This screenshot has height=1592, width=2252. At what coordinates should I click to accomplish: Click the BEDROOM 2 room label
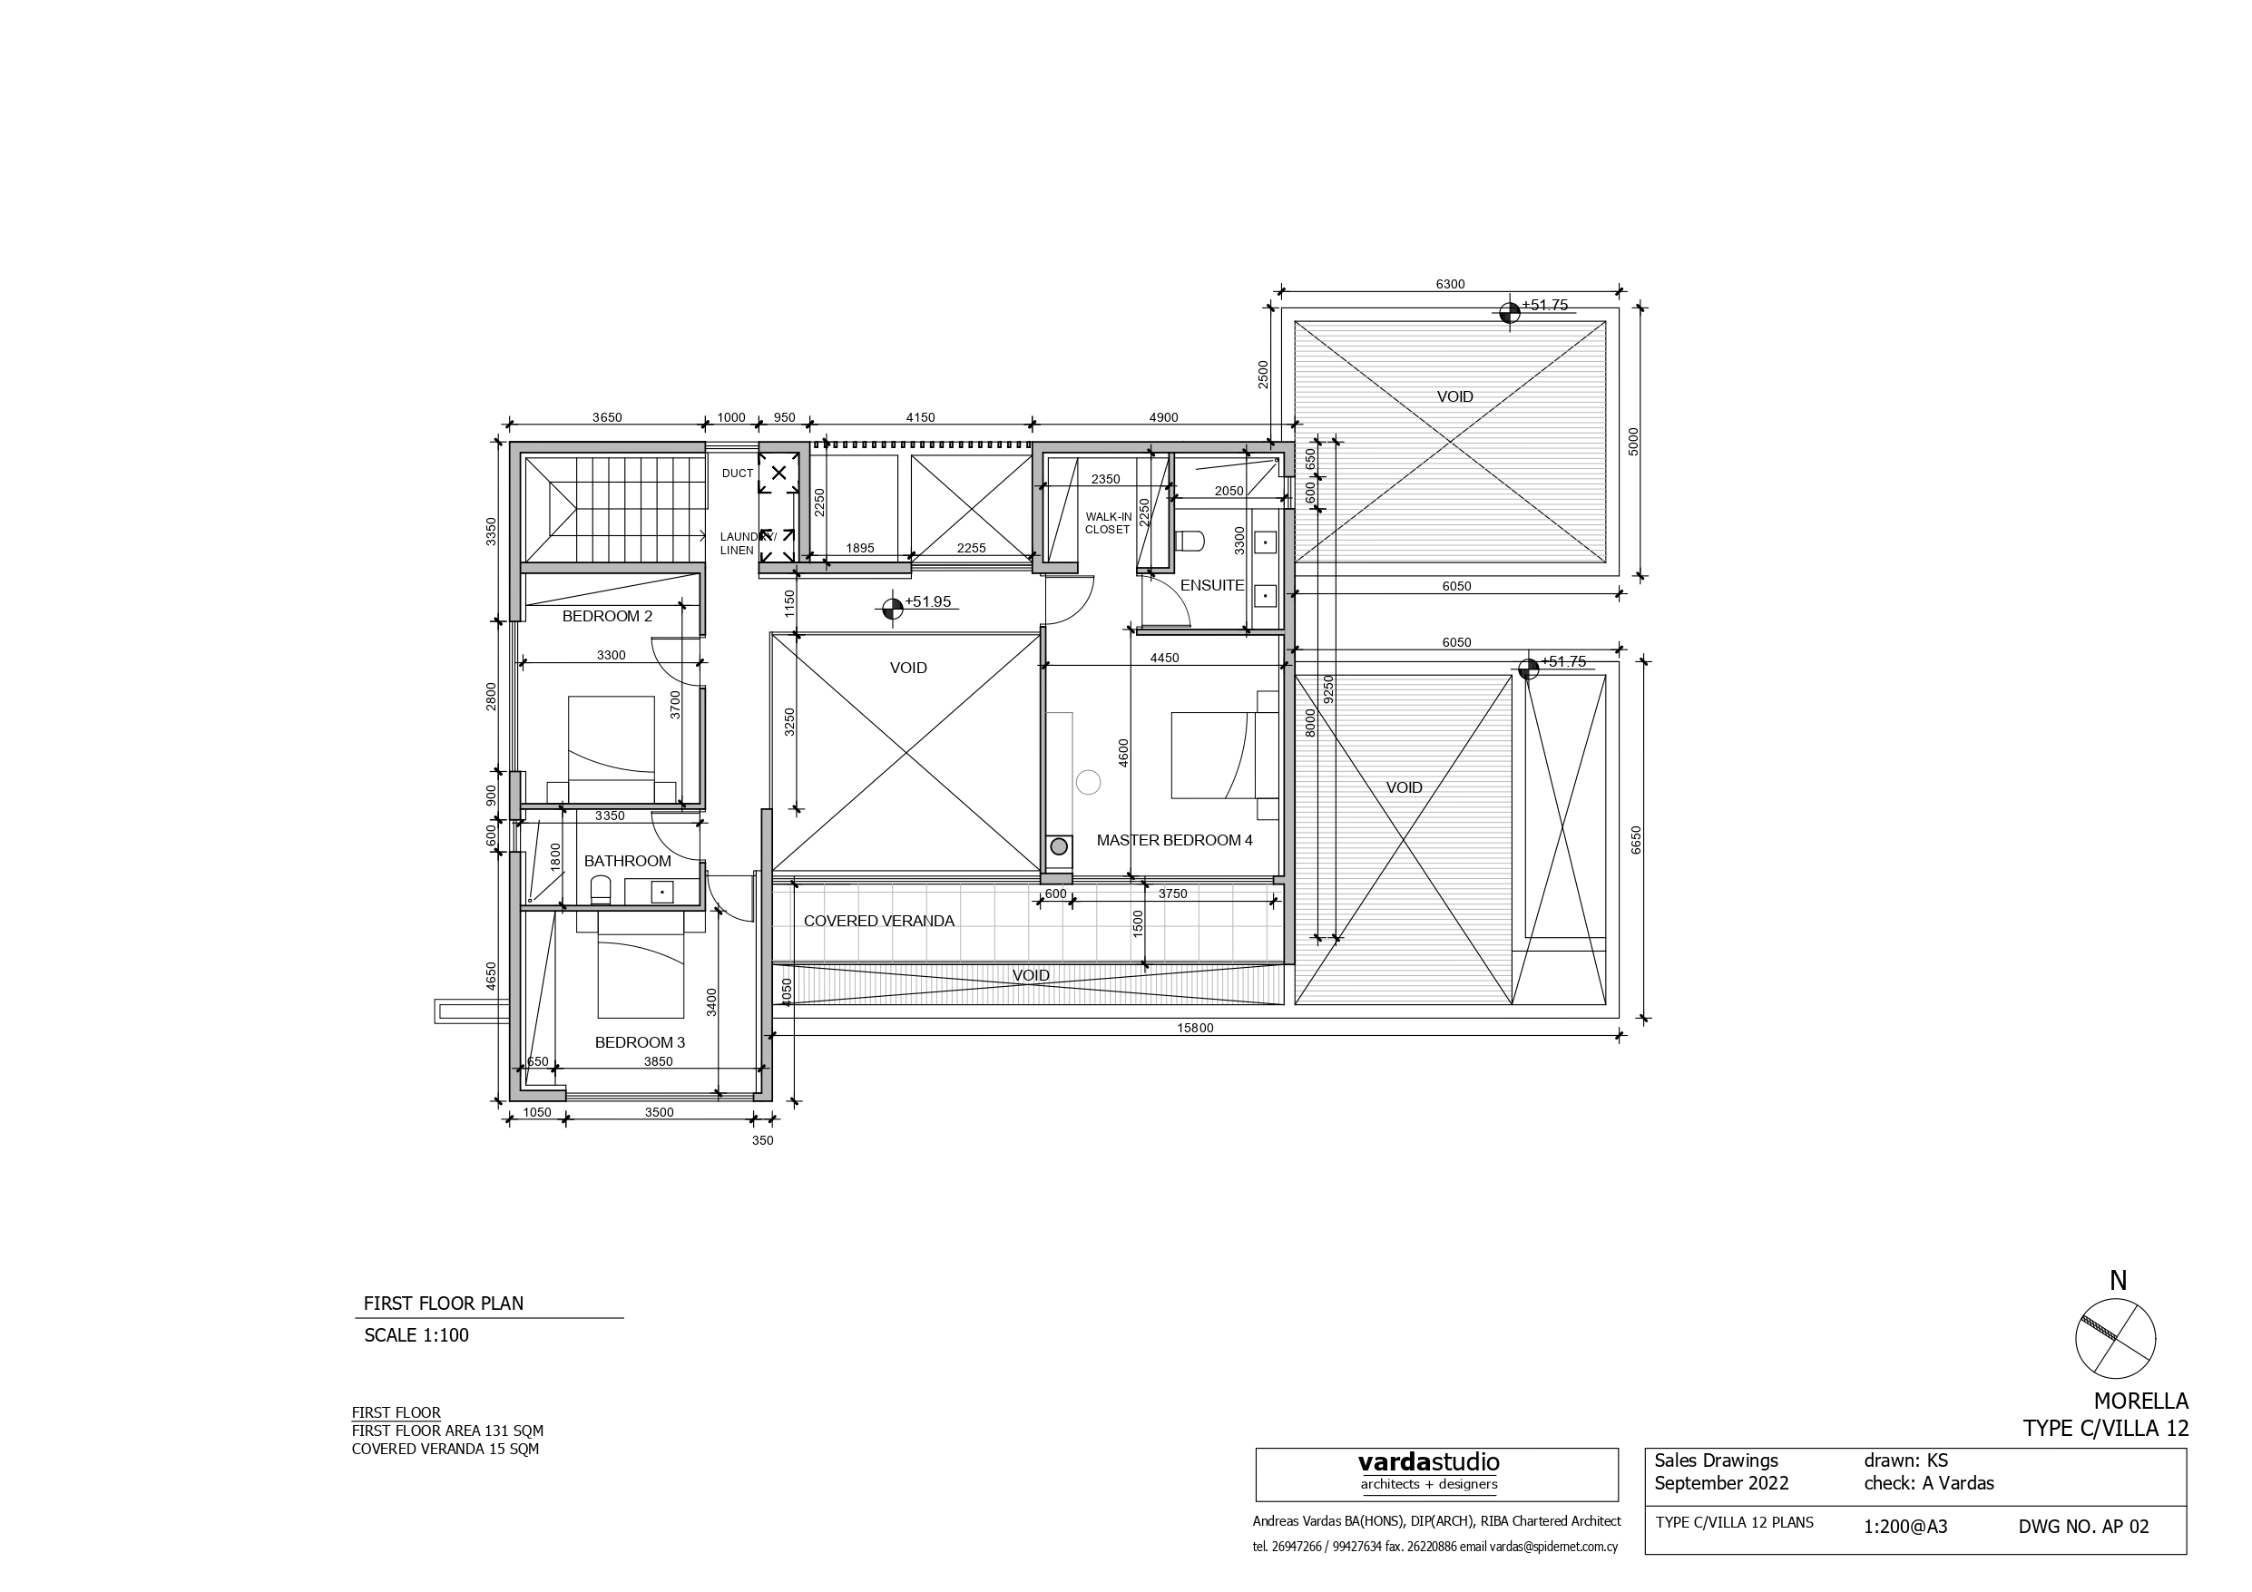(607, 616)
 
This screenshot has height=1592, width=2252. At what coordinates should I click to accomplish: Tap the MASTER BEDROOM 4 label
(1174, 841)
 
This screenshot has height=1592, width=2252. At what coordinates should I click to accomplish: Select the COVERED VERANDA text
(878, 921)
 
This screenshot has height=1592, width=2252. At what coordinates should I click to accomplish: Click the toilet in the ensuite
(1190, 542)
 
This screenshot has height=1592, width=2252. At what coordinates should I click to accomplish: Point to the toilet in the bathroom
(601, 890)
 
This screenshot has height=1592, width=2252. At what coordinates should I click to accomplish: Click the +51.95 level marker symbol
(892, 610)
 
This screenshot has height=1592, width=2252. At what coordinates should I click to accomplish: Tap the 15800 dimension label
(1195, 1028)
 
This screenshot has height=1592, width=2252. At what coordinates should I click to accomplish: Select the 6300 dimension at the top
(1450, 285)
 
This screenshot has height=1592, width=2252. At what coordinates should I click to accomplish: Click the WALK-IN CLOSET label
(1107, 523)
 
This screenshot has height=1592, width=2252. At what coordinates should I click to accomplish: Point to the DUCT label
(738, 474)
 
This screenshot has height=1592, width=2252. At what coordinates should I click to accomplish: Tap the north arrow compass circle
(2116, 1339)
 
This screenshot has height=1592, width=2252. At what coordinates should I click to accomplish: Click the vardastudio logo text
(1428, 1462)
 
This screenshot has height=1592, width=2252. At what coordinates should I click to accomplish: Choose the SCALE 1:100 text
(416, 1335)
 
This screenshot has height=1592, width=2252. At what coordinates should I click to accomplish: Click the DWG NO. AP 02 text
(2083, 1527)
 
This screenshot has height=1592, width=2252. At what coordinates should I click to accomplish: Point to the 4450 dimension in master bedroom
(1164, 659)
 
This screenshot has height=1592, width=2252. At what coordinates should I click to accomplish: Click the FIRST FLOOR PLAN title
(444, 1304)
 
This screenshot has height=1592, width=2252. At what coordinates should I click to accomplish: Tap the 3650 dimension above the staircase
(607, 418)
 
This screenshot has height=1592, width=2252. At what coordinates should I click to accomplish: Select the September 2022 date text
(1720, 1483)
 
